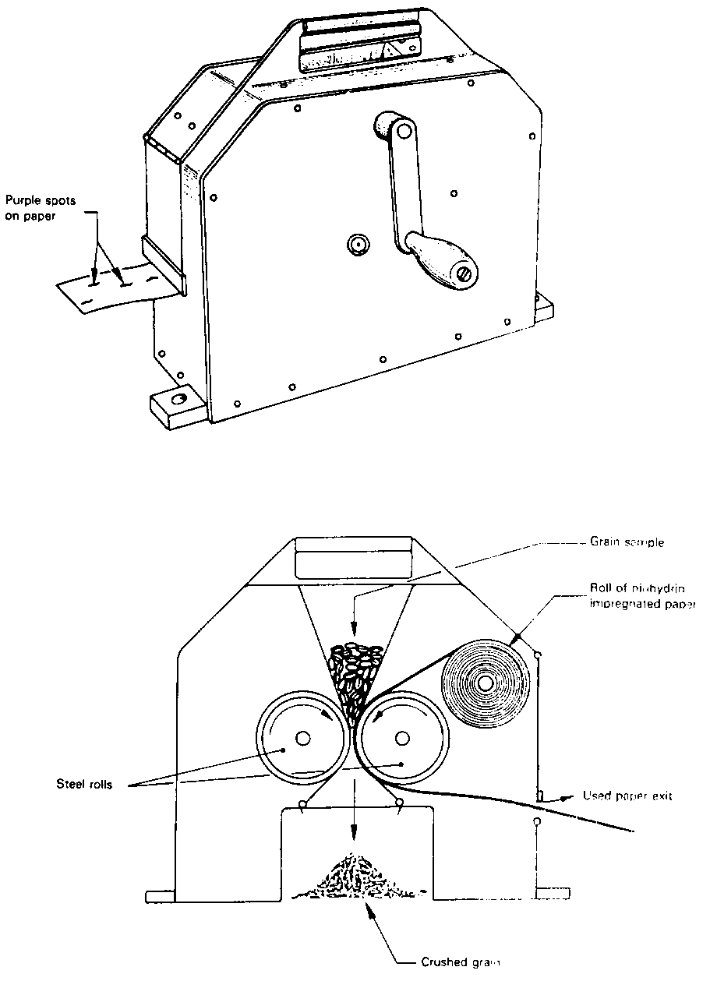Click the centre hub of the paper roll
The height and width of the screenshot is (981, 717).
pos(486,683)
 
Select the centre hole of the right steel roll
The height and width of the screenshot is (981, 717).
pos(402,737)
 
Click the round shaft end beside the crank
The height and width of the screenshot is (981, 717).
pos(358,244)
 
